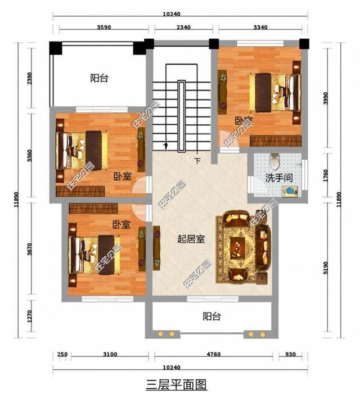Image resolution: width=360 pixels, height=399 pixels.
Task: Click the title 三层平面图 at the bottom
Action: pyautogui.click(x=177, y=385)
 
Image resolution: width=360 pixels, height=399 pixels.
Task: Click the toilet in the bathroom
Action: pyautogui.click(x=274, y=161)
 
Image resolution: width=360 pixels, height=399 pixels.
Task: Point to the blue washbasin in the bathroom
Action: pyautogui.click(x=290, y=192)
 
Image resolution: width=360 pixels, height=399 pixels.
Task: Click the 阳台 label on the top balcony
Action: pyautogui.click(x=99, y=79)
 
